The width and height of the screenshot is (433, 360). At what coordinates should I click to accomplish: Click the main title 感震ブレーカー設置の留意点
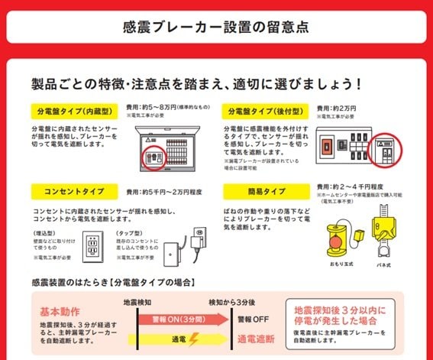point(216,27)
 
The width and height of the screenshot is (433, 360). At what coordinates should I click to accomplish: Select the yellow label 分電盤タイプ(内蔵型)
point(73,109)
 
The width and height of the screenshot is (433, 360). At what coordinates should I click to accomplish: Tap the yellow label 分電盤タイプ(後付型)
point(264,109)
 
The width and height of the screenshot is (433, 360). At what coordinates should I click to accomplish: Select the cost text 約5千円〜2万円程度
point(170,191)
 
